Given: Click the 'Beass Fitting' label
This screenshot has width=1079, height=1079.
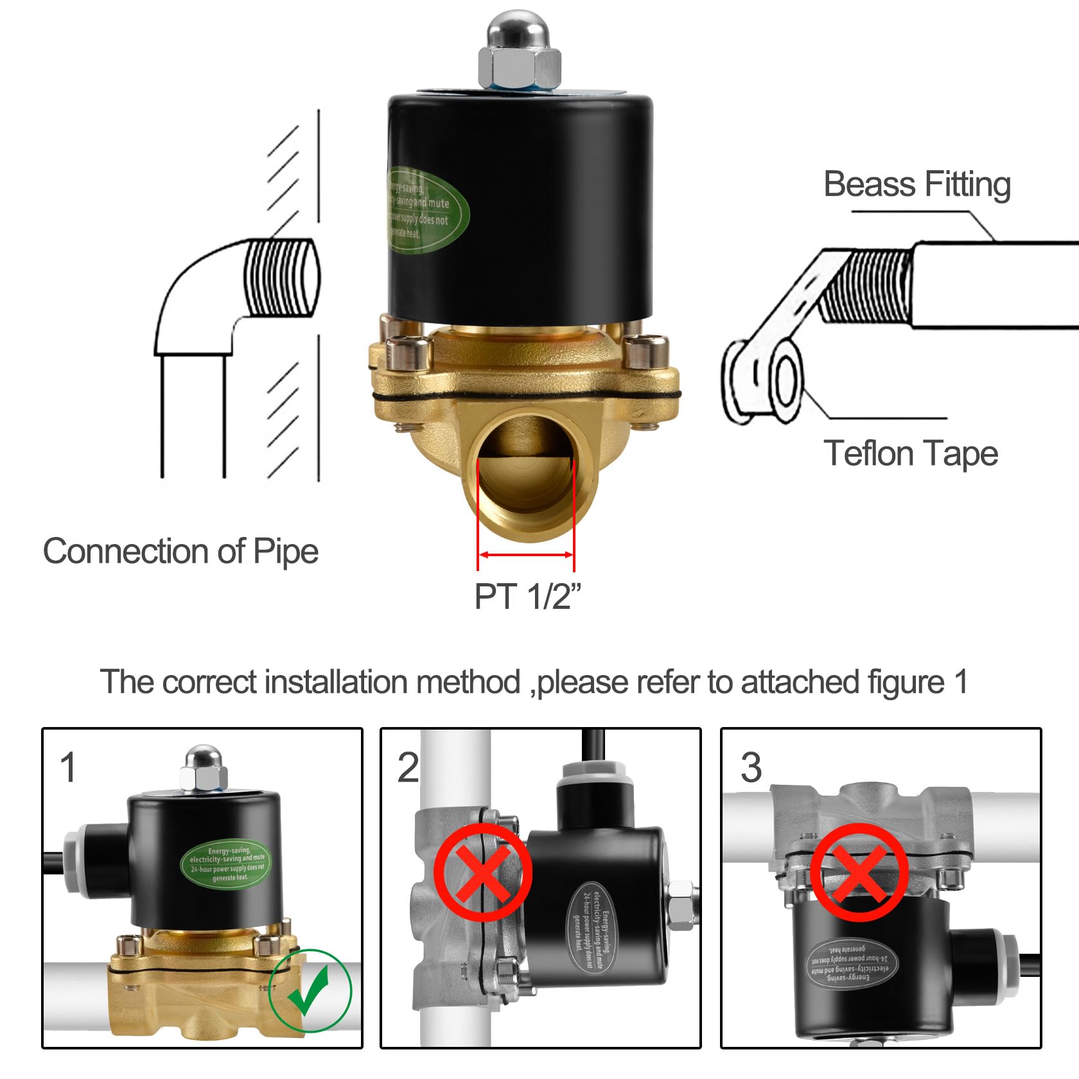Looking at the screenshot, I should click(917, 184).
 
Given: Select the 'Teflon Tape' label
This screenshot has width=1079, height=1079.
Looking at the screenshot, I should click(910, 453).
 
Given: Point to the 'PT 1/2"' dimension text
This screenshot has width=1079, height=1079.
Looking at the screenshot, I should click(527, 596).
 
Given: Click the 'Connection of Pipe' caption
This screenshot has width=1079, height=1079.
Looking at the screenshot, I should click(180, 551).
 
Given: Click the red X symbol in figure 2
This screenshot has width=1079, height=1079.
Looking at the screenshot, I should click(482, 873).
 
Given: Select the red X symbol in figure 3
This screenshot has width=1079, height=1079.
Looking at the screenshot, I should click(859, 872).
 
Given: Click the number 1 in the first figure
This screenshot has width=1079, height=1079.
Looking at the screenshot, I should click(68, 767).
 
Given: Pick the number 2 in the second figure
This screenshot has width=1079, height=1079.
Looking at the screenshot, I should click(408, 767).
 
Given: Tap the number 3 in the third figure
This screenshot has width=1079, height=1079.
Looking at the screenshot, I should click(751, 767).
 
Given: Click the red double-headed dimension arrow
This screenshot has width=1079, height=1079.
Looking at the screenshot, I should click(526, 554).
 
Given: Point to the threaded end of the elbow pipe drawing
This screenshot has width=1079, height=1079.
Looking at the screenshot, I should click(283, 277).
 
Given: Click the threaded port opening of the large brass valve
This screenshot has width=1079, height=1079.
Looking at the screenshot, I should click(525, 475).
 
